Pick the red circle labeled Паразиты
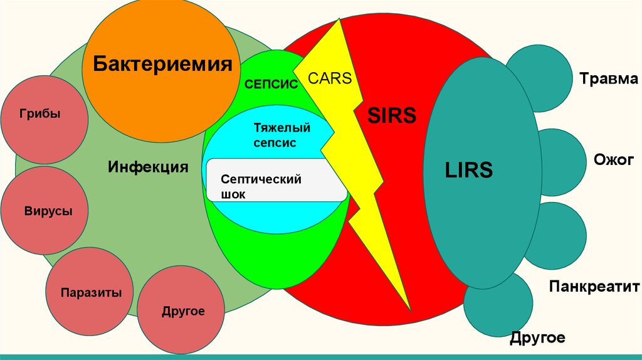[91, 292]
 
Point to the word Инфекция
[148, 167]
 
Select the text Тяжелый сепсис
[282, 135]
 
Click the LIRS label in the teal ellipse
[469, 169]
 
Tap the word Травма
[608, 79]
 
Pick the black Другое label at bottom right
[537, 338]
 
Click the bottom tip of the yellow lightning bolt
[411, 309]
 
